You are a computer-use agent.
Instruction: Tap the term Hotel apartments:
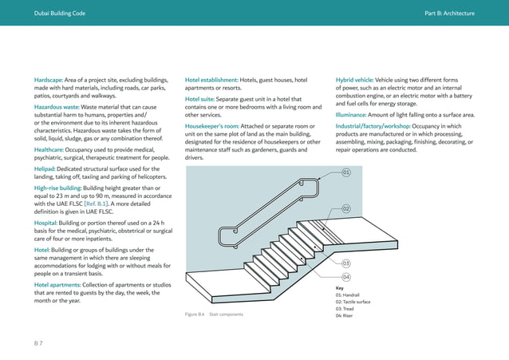pos(61,285)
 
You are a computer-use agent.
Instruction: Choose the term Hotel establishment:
pos(211,81)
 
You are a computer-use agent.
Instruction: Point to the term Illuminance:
pos(355,115)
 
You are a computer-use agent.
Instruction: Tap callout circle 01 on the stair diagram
pos(346,172)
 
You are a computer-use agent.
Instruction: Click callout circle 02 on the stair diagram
pos(346,208)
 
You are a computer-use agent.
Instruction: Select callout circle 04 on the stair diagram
pos(346,277)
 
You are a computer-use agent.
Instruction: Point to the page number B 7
pos(37,341)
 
